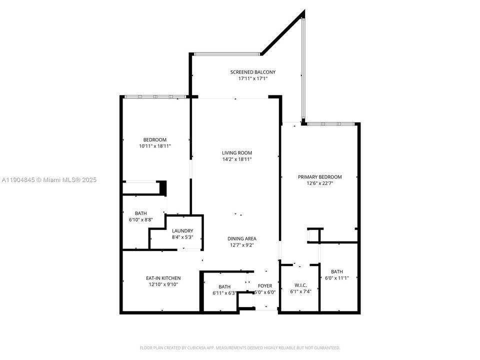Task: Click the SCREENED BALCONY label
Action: click(x=252, y=72)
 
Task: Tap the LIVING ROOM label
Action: click(x=237, y=153)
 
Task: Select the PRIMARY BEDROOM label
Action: click(x=319, y=177)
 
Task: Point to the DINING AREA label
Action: click(x=242, y=239)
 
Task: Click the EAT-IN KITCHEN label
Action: click(x=163, y=278)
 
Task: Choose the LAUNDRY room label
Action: click(x=182, y=231)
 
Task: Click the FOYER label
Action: click(x=264, y=286)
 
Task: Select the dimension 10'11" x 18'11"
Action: click(x=154, y=146)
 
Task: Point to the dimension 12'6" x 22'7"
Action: click(x=319, y=183)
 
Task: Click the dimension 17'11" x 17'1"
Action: click(x=252, y=78)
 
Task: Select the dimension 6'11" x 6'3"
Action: click(x=224, y=293)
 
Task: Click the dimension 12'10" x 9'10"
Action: click(x=163, y=284)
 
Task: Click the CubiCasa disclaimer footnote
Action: click(x=240, y=347)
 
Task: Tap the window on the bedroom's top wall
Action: click(x=154, y=96)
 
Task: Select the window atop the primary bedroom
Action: click(x=330, y=123)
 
